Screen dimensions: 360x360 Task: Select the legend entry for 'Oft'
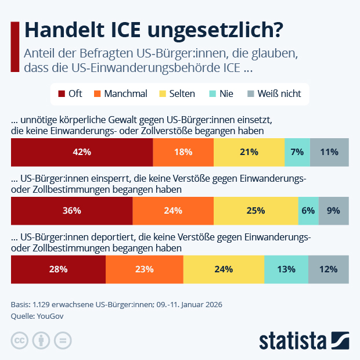point(70,93)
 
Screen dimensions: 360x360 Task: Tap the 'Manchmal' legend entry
point(120,93)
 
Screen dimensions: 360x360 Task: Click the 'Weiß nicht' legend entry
point(274,93)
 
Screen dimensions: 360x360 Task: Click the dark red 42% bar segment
point(82,152)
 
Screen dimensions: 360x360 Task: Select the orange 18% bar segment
point(183,152)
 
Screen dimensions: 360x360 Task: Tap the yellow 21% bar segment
point(249,152)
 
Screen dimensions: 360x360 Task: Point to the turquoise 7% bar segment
point(297,152)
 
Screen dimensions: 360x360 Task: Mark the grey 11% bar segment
point(329,152)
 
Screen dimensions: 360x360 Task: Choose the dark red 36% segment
point(71,211)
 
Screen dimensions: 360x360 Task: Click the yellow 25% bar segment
point(255,211)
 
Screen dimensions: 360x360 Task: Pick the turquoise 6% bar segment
point(308,211)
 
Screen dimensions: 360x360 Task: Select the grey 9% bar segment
point(333,211)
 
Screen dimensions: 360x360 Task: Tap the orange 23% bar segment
point(144,269)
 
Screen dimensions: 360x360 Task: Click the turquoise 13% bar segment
point(286,269)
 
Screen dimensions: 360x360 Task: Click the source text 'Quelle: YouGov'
point(37,316)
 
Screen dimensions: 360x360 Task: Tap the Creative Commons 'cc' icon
point(20,340)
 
